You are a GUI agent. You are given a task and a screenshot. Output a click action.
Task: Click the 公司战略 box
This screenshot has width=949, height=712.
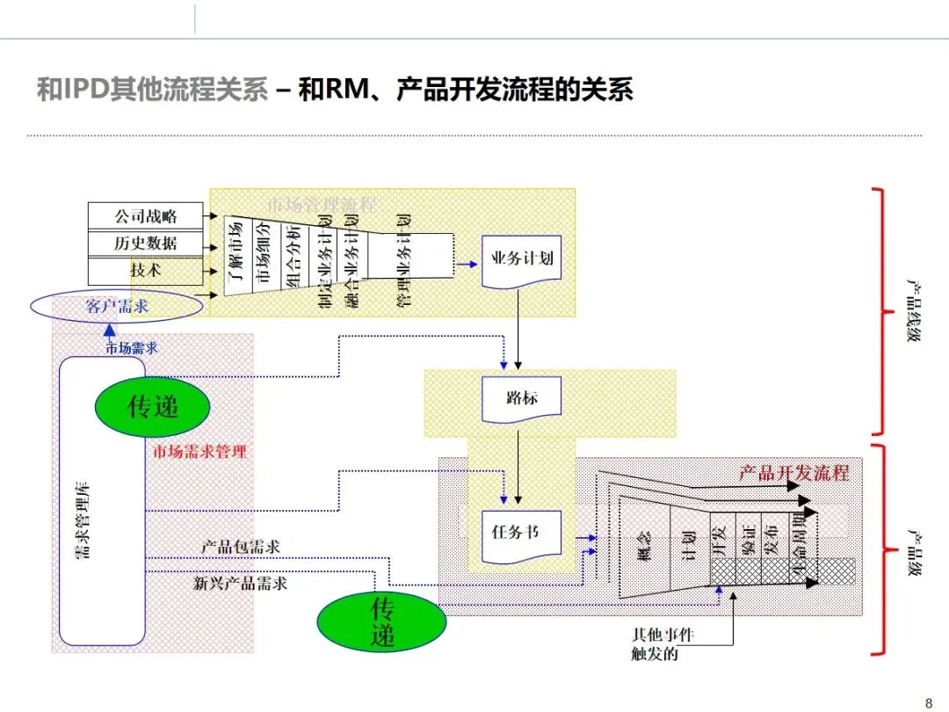pos(145,214)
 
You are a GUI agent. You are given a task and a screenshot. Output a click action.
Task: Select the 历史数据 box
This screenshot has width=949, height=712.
pos(145,243)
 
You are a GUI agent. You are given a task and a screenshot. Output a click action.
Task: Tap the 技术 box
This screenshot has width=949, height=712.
pos(145,271)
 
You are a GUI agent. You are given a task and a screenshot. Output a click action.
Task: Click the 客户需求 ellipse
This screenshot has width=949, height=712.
pos(117,306)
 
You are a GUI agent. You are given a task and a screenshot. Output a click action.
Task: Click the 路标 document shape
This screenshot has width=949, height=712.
pos(522,398)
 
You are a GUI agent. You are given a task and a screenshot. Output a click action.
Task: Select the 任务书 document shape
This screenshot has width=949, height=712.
pos(522,533)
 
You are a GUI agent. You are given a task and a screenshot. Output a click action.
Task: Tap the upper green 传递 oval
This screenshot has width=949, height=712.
pos(153,406)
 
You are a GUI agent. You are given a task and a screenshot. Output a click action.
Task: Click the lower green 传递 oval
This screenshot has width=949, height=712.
pos(382,621)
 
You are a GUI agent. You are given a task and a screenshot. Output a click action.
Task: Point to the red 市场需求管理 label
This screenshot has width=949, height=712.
pos(199,452)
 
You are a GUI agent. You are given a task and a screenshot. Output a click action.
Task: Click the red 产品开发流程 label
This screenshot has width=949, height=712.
pos(794,472)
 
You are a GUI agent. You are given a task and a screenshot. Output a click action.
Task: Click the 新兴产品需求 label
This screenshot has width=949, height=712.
pos(240,583)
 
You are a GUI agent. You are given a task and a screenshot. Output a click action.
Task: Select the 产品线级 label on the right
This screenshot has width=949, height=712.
pos(915,313)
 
